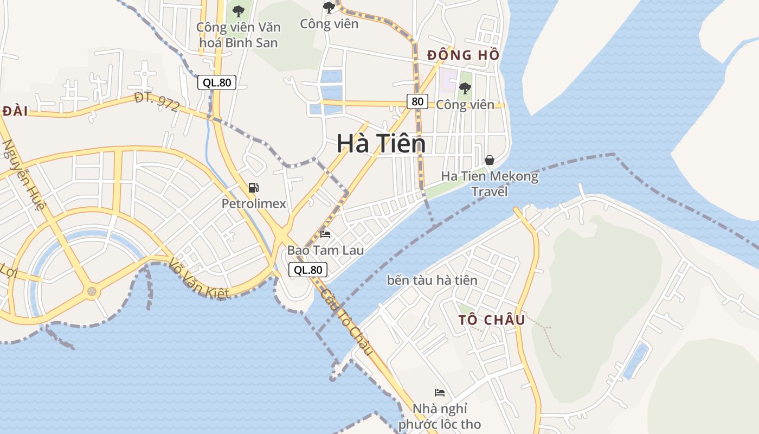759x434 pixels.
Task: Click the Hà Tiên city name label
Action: [381, 144]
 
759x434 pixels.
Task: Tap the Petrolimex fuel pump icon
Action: [253, 188]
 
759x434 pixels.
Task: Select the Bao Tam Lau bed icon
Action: [325, 234]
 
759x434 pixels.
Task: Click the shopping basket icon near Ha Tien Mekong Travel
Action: [489, 160]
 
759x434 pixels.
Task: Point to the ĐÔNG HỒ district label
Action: [463, 55]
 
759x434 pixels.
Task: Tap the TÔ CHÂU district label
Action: [492, 320]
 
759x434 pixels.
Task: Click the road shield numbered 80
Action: [417, 101]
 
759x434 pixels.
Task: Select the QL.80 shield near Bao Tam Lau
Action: [308, 270]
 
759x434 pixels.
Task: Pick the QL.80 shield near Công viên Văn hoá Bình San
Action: [216, 82]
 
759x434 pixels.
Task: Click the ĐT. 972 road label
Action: [157, 102]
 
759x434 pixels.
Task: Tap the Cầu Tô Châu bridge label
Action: [347, 322]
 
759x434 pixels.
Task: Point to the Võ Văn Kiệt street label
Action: [198, 278]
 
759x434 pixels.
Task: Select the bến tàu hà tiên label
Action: [432, 280]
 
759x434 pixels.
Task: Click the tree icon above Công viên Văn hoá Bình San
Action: [238, 10]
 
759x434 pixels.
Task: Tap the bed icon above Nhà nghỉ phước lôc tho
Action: [440, 392]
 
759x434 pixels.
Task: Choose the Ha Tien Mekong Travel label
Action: [490, 184]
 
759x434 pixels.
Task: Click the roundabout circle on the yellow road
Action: [93, 292]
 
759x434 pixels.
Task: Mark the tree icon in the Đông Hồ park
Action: [465, 88]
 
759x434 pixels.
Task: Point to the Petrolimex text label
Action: [254, 204]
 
